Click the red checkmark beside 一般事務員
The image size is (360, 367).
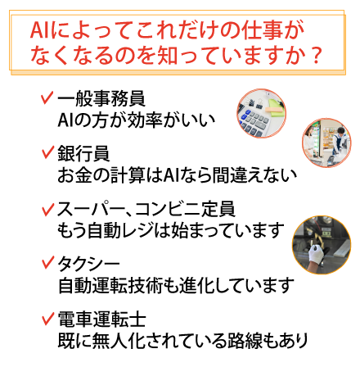pos(47,97)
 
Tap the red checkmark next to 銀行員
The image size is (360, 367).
pos(47,152)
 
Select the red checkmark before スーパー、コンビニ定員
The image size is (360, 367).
pos(47,210)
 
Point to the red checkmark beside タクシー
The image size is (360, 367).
pos(47,263)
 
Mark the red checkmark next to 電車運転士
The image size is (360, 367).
pos(47,319)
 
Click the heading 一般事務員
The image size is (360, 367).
pos(101,98)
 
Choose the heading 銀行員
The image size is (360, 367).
pos(83,153)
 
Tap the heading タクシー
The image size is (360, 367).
pos(88,264)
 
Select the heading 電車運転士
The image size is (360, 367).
pos(101,319)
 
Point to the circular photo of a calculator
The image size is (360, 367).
pos(261,113)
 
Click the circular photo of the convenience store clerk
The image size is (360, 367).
pos(326,143)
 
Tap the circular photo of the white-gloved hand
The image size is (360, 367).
pos(322,245)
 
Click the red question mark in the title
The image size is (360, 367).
pos(317,56)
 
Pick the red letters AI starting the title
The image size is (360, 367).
pos(40,30)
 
